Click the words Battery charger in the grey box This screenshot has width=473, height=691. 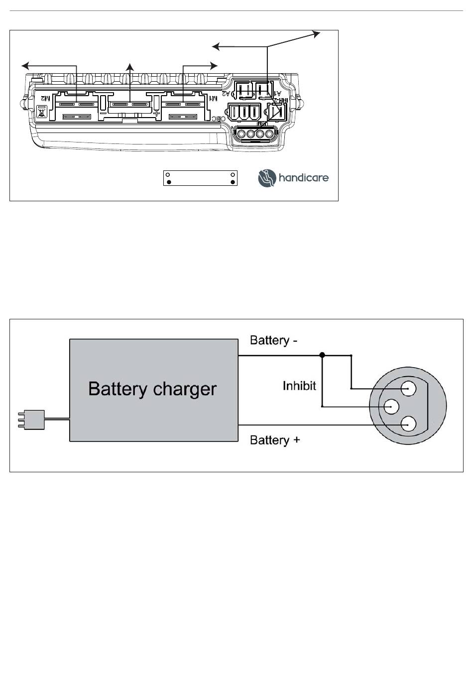click(152, 389)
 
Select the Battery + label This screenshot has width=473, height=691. click(274, 440)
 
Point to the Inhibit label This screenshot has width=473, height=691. click(299, 386)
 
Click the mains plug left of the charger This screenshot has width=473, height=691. click(31, 419)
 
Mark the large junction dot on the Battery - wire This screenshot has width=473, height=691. click(322, 355)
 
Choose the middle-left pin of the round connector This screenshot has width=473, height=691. click(392, 407)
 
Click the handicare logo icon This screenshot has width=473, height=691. click(266, 178)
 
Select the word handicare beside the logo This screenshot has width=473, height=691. click(304, 178)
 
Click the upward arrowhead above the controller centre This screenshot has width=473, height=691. click(130, 67)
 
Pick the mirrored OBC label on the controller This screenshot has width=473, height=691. click(216, 119)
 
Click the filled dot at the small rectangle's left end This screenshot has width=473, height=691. click(169, 182)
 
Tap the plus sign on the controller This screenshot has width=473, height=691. click(157, 113)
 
